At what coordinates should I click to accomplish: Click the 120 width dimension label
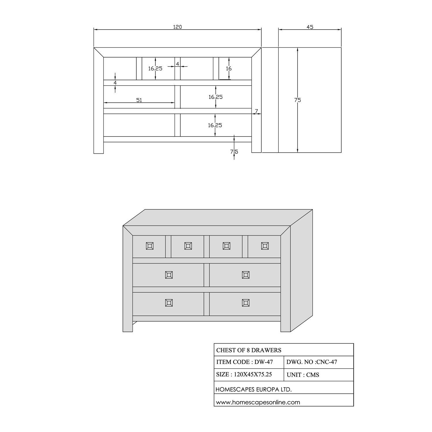coord(177,27)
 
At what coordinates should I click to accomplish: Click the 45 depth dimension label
coord(310,27)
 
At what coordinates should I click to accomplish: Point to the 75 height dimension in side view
coord(298,100)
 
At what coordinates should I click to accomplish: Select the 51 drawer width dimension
coord(139,100)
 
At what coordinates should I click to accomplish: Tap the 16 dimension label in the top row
coord(229,69)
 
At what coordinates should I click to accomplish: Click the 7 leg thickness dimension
coord(256,111)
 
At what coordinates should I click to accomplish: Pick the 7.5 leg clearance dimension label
coord(234,151)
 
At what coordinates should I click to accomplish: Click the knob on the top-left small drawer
coord(149,246)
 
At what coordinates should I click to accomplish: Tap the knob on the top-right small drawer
coord(265,246)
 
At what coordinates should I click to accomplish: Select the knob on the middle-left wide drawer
coord(169,275)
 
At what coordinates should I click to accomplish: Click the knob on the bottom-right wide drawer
coord(246,303)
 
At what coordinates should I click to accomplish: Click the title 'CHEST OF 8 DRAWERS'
coord(249,350)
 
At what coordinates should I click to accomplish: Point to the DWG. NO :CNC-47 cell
coord(312,362)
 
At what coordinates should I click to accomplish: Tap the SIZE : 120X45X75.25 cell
coord(244,374)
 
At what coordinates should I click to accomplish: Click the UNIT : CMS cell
coord(303,375)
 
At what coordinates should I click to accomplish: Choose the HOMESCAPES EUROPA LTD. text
coord(254,390)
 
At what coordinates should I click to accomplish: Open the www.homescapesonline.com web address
coord(258,402)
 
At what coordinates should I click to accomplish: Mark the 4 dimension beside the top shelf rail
coord(115,82)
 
